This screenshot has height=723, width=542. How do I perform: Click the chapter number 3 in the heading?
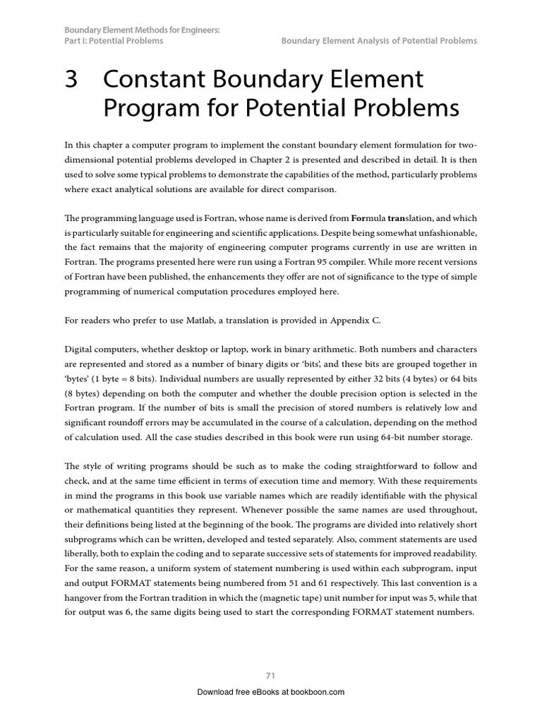[71, 80]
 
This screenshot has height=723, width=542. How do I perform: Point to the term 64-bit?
[387, 438]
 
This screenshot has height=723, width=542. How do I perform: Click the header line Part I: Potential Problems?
[114, 41]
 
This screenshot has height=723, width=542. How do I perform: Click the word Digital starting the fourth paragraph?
[81, 349]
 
